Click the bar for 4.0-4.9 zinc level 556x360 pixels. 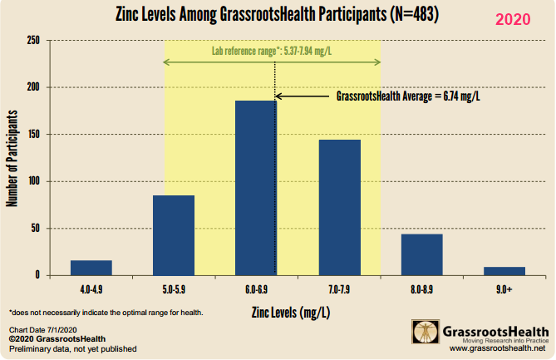click(91, 268)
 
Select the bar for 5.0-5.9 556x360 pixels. click(173, 235)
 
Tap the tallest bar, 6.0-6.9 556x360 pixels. click(255, 188)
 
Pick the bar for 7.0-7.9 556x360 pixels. click(339, 207)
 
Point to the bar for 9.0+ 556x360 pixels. click(504, 271)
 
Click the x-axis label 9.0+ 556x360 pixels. click(504, 290)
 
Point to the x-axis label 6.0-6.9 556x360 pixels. click(256, 290)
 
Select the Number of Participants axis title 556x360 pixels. click(13, 157)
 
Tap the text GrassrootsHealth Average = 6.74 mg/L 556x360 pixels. click(409, 96)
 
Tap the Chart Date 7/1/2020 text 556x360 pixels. click(37, 331)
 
